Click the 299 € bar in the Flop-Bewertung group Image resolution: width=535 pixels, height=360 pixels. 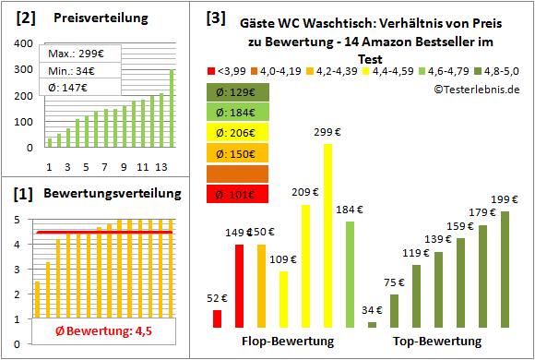click(327, 235)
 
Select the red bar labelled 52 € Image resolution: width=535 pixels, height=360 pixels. click(218, 318)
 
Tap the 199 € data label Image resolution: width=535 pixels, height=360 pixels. click(504, 198)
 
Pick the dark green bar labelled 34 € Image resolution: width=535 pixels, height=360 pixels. click(372, 324)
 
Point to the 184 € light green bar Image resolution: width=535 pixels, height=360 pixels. click(350, 274)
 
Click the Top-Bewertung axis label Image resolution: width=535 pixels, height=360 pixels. click(437, 342)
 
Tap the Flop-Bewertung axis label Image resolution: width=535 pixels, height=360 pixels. click(287, 342)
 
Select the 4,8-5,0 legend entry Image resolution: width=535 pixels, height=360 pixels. click(502, 69)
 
